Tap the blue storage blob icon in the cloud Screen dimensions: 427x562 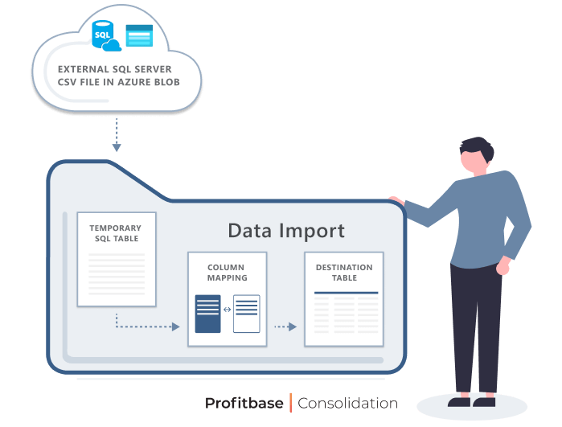pos(139,35)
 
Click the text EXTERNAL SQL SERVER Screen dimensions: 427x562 pos(114,69)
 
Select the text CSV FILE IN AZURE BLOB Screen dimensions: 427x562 pos(118,82)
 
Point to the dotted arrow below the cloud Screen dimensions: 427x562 pos(117,134)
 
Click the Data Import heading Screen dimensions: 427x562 pos(286,231)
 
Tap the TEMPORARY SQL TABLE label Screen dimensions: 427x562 pos(115,233)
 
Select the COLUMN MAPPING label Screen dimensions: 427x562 pos(227,273)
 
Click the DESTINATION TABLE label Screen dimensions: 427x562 pos(343,273)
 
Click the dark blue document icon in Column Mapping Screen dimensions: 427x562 pos(207,314)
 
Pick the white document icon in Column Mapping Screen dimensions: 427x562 pos(247,314)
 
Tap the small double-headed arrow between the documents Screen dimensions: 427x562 pos(227,309)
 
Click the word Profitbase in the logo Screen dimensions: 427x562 pos(244,403)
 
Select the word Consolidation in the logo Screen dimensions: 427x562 pos(347,403)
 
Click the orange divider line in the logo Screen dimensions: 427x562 pos(290,403)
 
